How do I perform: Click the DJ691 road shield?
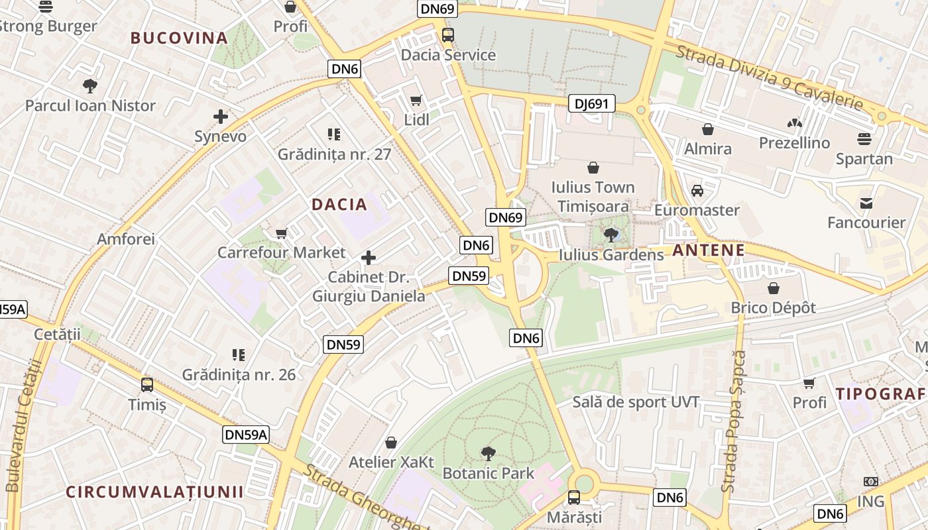pyautogui.click(x=592, y=103)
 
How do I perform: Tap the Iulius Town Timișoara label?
pyautogui.click(x=593, y=197)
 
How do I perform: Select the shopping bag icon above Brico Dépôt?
pyautogui.click(x=774, y=288)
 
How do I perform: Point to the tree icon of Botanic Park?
pyautogui.click(x=489, y=454)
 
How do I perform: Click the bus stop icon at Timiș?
pyautogui.click(x=147, y=384)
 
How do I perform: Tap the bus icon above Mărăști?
pyautogui.click(x=574, y=497)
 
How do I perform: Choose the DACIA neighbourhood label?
pyautogui.click(x=339, y=205)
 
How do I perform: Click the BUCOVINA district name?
pyautogui.click(x=179, y=38)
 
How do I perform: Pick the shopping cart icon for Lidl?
pyautogui.click(x=416, y=101)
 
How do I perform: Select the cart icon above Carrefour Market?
pyautogui.click(x=282, y=233)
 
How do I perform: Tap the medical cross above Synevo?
pyautogui.click(x=221, y=117)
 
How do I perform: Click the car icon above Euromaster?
pyautogui.click(x=697, y=191)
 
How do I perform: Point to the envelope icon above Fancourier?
pyautogui.click(x=866, y=203)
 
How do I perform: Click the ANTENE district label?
pyautogui.click(x=709, y=250)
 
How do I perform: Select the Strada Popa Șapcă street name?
pyautogui.click(x=734, y=421)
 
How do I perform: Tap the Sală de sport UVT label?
pyautogui.click(x=636, y=402)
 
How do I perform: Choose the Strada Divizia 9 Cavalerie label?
pyautogui.click(x=770, y=79)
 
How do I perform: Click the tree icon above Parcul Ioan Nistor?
pyautogui.click(x=90, y=85)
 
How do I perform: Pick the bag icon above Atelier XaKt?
pyautogui.click(x=391, y=443)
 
